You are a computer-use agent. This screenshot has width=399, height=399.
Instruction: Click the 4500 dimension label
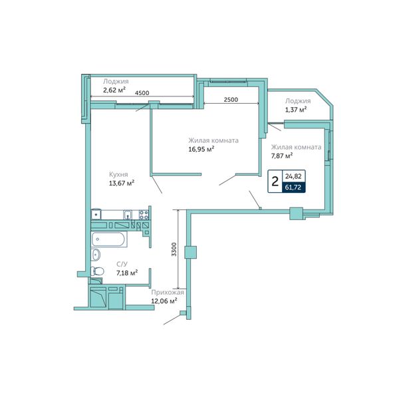tap(142, 93)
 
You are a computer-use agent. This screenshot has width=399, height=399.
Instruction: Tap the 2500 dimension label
tap(231, 100)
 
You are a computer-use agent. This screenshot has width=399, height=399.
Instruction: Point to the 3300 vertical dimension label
tap(174, 249)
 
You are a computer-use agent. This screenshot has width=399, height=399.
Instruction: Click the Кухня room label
tap(118, 174)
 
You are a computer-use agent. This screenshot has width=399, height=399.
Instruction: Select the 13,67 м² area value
tap(122, 183)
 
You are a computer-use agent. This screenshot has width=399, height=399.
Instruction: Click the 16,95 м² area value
tap(201, 149)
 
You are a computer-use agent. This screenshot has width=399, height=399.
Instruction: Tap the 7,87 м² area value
tap(282, 156)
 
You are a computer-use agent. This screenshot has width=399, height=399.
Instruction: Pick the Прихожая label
tap(168, 293)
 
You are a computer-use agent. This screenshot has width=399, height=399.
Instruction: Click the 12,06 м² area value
tap(164, 301)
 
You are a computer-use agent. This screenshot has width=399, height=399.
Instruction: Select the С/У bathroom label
tap(122, 265)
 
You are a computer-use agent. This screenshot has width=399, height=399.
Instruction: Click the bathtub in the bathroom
tap(109, 239)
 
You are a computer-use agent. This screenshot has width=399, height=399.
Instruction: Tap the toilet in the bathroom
tap(97, 271)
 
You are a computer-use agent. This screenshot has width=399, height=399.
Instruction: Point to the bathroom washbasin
tap(96, 255)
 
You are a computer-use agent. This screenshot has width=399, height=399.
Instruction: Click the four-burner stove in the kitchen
tap(144, 215)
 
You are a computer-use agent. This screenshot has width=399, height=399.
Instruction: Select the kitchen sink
tap(128, 215)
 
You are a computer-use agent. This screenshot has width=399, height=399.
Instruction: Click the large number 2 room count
tap(275, 182)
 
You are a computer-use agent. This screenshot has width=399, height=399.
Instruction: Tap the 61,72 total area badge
tap(293, 188)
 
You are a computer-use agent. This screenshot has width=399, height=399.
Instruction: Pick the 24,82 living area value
tap(293, 176)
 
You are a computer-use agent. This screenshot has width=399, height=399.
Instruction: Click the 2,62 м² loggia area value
tap(114, 90)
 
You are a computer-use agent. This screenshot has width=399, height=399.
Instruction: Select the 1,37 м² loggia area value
tap(296, 110)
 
